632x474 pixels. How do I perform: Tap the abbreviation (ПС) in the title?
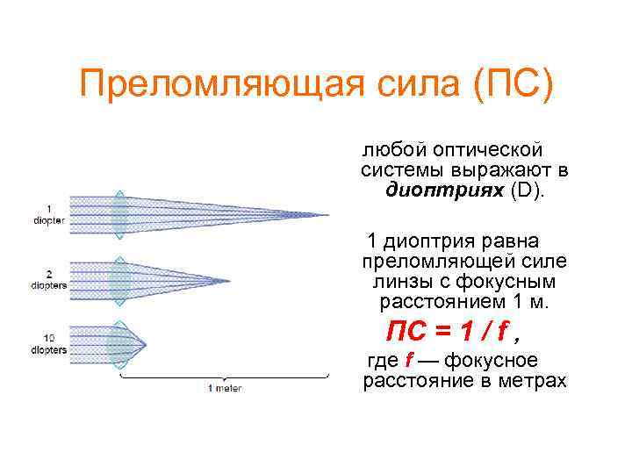tap(514, 86)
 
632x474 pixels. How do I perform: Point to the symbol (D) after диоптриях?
tap(529, 190)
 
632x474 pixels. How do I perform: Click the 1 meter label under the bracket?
tap(225, 387)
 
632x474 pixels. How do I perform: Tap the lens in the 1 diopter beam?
tap(119, 214)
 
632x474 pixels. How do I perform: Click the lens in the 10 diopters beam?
tap(118, 343)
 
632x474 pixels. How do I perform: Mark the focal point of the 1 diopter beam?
tap(328, 214)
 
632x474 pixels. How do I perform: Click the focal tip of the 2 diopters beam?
tap(229, 281)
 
